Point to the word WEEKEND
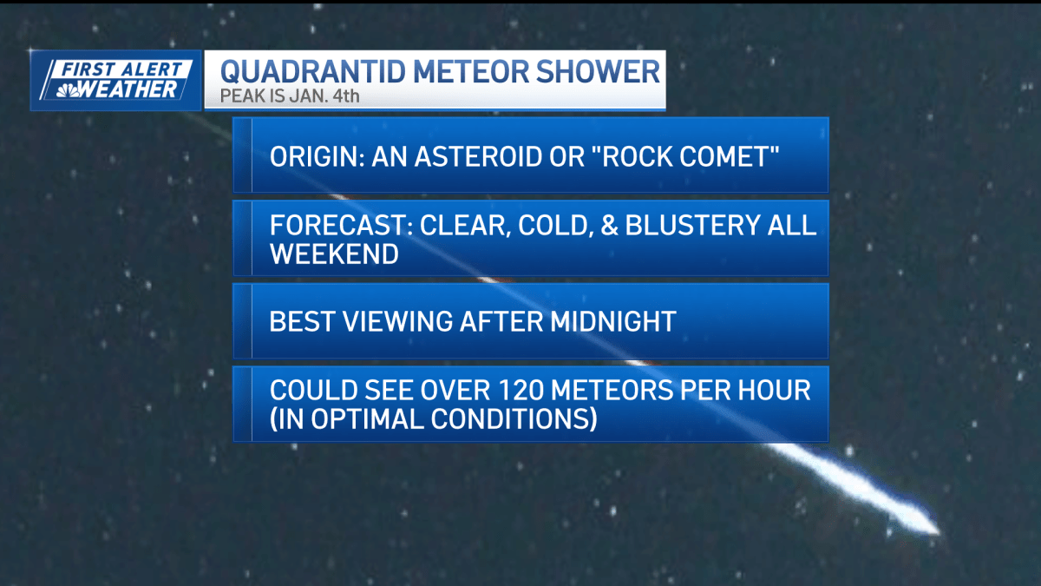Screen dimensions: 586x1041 [333, 253]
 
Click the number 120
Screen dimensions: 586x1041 [513, 391]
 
